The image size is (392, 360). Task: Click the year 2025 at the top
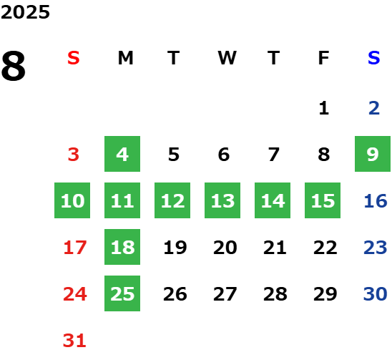(x=25, y=12)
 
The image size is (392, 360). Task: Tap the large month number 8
(x=14, y=66)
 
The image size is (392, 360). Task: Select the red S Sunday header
(x=74, y=58)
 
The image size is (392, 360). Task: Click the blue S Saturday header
(x=373, y=58)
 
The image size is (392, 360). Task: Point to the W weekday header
(x=227, y=58)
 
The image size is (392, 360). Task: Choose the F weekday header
(x=323, y=58)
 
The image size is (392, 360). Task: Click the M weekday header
(x=125, y=58)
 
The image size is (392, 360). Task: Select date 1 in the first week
(x=324, y=108)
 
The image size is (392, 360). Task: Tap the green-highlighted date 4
(x=122, y=154)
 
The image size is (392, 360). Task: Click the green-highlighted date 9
(x=373, y=154)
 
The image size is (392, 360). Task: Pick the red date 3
(x=74, y=155)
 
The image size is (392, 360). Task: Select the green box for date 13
(x=222, y=200)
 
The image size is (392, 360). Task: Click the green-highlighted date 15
(x=323, y=200)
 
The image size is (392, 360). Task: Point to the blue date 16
(x=376, y=201)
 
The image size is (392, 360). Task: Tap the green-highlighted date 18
(x=122, y=247)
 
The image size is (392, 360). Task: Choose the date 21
(x=275, y=248)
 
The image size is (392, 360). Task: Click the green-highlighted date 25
(x=122, y=293)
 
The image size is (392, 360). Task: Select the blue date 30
(x=376, y=293)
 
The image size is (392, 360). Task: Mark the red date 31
(x=74, y=340)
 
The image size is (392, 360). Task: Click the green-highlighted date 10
(x=72, y=200)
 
